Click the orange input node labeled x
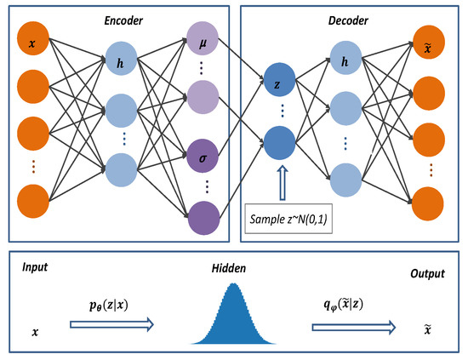pyautogui.click(x=33, y=43)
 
